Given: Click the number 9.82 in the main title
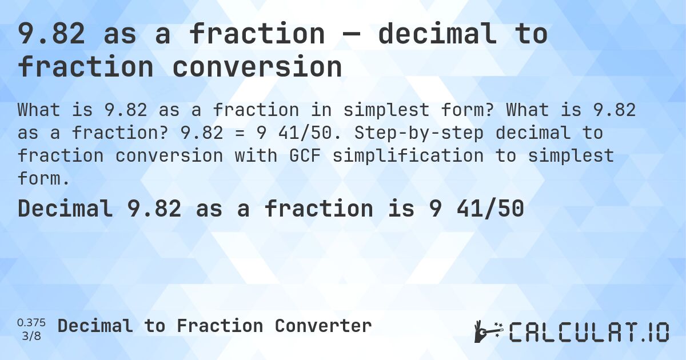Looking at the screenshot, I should pos(52,34).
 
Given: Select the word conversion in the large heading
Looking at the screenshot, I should pos(257,67).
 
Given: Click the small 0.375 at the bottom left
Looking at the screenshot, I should pos(32,323).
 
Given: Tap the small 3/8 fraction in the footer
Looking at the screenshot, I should pos(32,335).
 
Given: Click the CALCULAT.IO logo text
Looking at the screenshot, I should pos(589,332).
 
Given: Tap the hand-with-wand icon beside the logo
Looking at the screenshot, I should pos(488,331).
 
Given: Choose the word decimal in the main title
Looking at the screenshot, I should pos(438,34).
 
